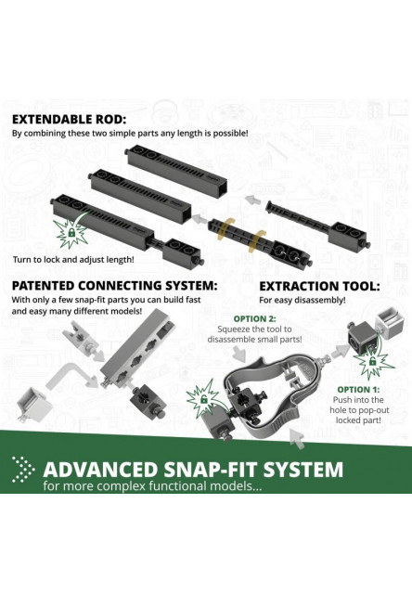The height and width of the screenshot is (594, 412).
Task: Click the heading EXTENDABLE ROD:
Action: coord(68,120)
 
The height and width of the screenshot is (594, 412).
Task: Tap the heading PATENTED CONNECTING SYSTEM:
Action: coord(115,285)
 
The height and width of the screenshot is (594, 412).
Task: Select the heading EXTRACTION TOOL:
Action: coord(319,287)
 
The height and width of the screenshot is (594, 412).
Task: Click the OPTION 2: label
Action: coord(254,319)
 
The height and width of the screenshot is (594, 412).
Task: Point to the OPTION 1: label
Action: coord(358,390)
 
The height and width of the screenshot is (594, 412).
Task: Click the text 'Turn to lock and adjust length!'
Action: coord(73,260)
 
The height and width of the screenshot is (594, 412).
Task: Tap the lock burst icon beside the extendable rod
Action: coord(71,232)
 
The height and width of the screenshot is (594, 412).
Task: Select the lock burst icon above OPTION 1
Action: coord(374,363)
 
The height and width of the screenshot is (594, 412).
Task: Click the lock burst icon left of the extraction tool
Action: coord(203,398)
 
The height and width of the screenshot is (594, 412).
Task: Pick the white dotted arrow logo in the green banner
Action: coord(23,469)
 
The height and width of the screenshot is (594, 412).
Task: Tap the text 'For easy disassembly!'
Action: coord(303,300)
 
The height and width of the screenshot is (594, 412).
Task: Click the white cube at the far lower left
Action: coord(33,405)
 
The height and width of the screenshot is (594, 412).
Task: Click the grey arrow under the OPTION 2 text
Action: coord(239,354)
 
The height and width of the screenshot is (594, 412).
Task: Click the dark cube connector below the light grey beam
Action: coord(148,400)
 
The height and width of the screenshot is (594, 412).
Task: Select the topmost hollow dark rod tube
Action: coord(176,169)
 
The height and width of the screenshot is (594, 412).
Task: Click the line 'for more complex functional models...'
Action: coord(152,485)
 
